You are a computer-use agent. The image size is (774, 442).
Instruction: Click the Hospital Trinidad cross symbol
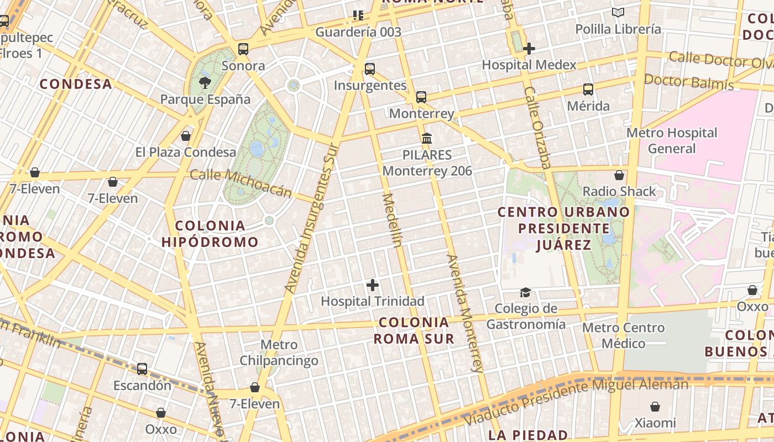(373, 285)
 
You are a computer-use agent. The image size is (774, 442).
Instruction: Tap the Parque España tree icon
(205, 83)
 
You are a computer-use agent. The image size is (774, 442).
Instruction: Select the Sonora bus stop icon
(243, 49)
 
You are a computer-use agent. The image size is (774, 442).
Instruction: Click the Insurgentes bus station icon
(370, 69)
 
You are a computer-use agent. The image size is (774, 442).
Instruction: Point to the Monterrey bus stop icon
(421, 97)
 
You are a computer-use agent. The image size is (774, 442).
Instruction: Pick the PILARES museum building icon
(427, 138)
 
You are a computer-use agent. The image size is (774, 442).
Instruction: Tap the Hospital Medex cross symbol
(529, 49)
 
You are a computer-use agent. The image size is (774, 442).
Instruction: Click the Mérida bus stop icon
(588, 90)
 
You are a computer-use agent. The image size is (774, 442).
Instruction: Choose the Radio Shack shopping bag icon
(619, 175)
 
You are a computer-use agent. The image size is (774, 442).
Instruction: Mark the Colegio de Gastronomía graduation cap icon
(525, 292)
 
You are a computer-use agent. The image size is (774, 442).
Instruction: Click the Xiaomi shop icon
(655, 407)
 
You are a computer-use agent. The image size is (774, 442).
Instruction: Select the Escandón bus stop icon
(142, 369)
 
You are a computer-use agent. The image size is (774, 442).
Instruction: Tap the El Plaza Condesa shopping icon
(186, 136)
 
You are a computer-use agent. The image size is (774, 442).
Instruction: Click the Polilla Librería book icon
(618, 13)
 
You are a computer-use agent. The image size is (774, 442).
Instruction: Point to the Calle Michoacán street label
(240, 183)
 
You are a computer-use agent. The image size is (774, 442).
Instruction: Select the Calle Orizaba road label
(538, 128)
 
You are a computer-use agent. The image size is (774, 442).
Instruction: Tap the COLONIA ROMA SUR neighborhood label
(414, 330)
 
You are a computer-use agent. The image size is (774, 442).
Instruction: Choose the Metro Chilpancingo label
(279, 353)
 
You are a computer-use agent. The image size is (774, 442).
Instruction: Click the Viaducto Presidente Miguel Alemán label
(575, 401)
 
